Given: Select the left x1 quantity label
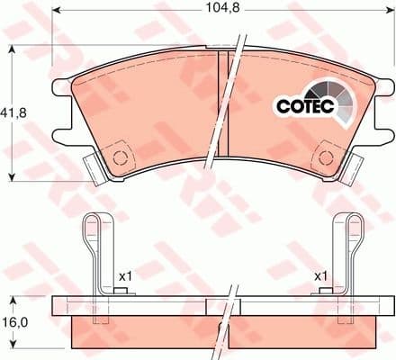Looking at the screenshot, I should coord(124,275).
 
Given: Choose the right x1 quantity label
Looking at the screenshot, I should coord(319,275).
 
